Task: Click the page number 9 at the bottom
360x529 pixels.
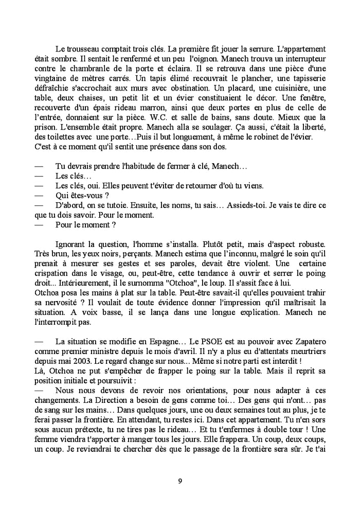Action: pyautogui.click(x=179, y=481)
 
